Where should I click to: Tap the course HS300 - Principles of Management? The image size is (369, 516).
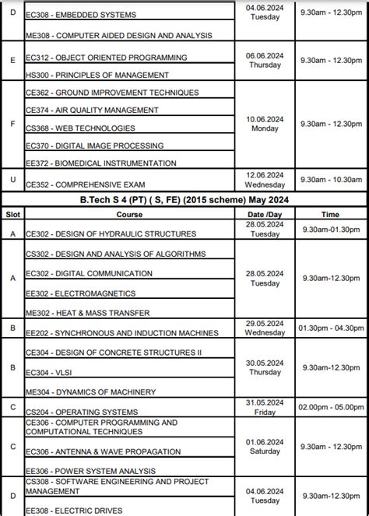click(x=97, y=75)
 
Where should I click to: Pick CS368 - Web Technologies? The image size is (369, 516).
click(x=80, y=128)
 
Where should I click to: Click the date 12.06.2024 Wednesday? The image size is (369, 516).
click(x=265, y=181)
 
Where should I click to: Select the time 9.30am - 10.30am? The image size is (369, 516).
click(x=331, y=181)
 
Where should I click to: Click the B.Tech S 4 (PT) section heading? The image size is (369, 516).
click(x=184, y=199)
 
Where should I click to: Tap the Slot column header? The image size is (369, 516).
click(x=13, y=212)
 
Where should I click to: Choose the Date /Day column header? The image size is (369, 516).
click(x=265, y=212)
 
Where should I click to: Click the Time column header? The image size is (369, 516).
click(x=331, y=212)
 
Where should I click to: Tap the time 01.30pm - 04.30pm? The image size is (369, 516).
click(x=331, y=328)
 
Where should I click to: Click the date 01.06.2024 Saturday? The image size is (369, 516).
click(x=265, y=446)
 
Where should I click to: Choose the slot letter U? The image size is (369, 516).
click(x=13, y=181)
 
